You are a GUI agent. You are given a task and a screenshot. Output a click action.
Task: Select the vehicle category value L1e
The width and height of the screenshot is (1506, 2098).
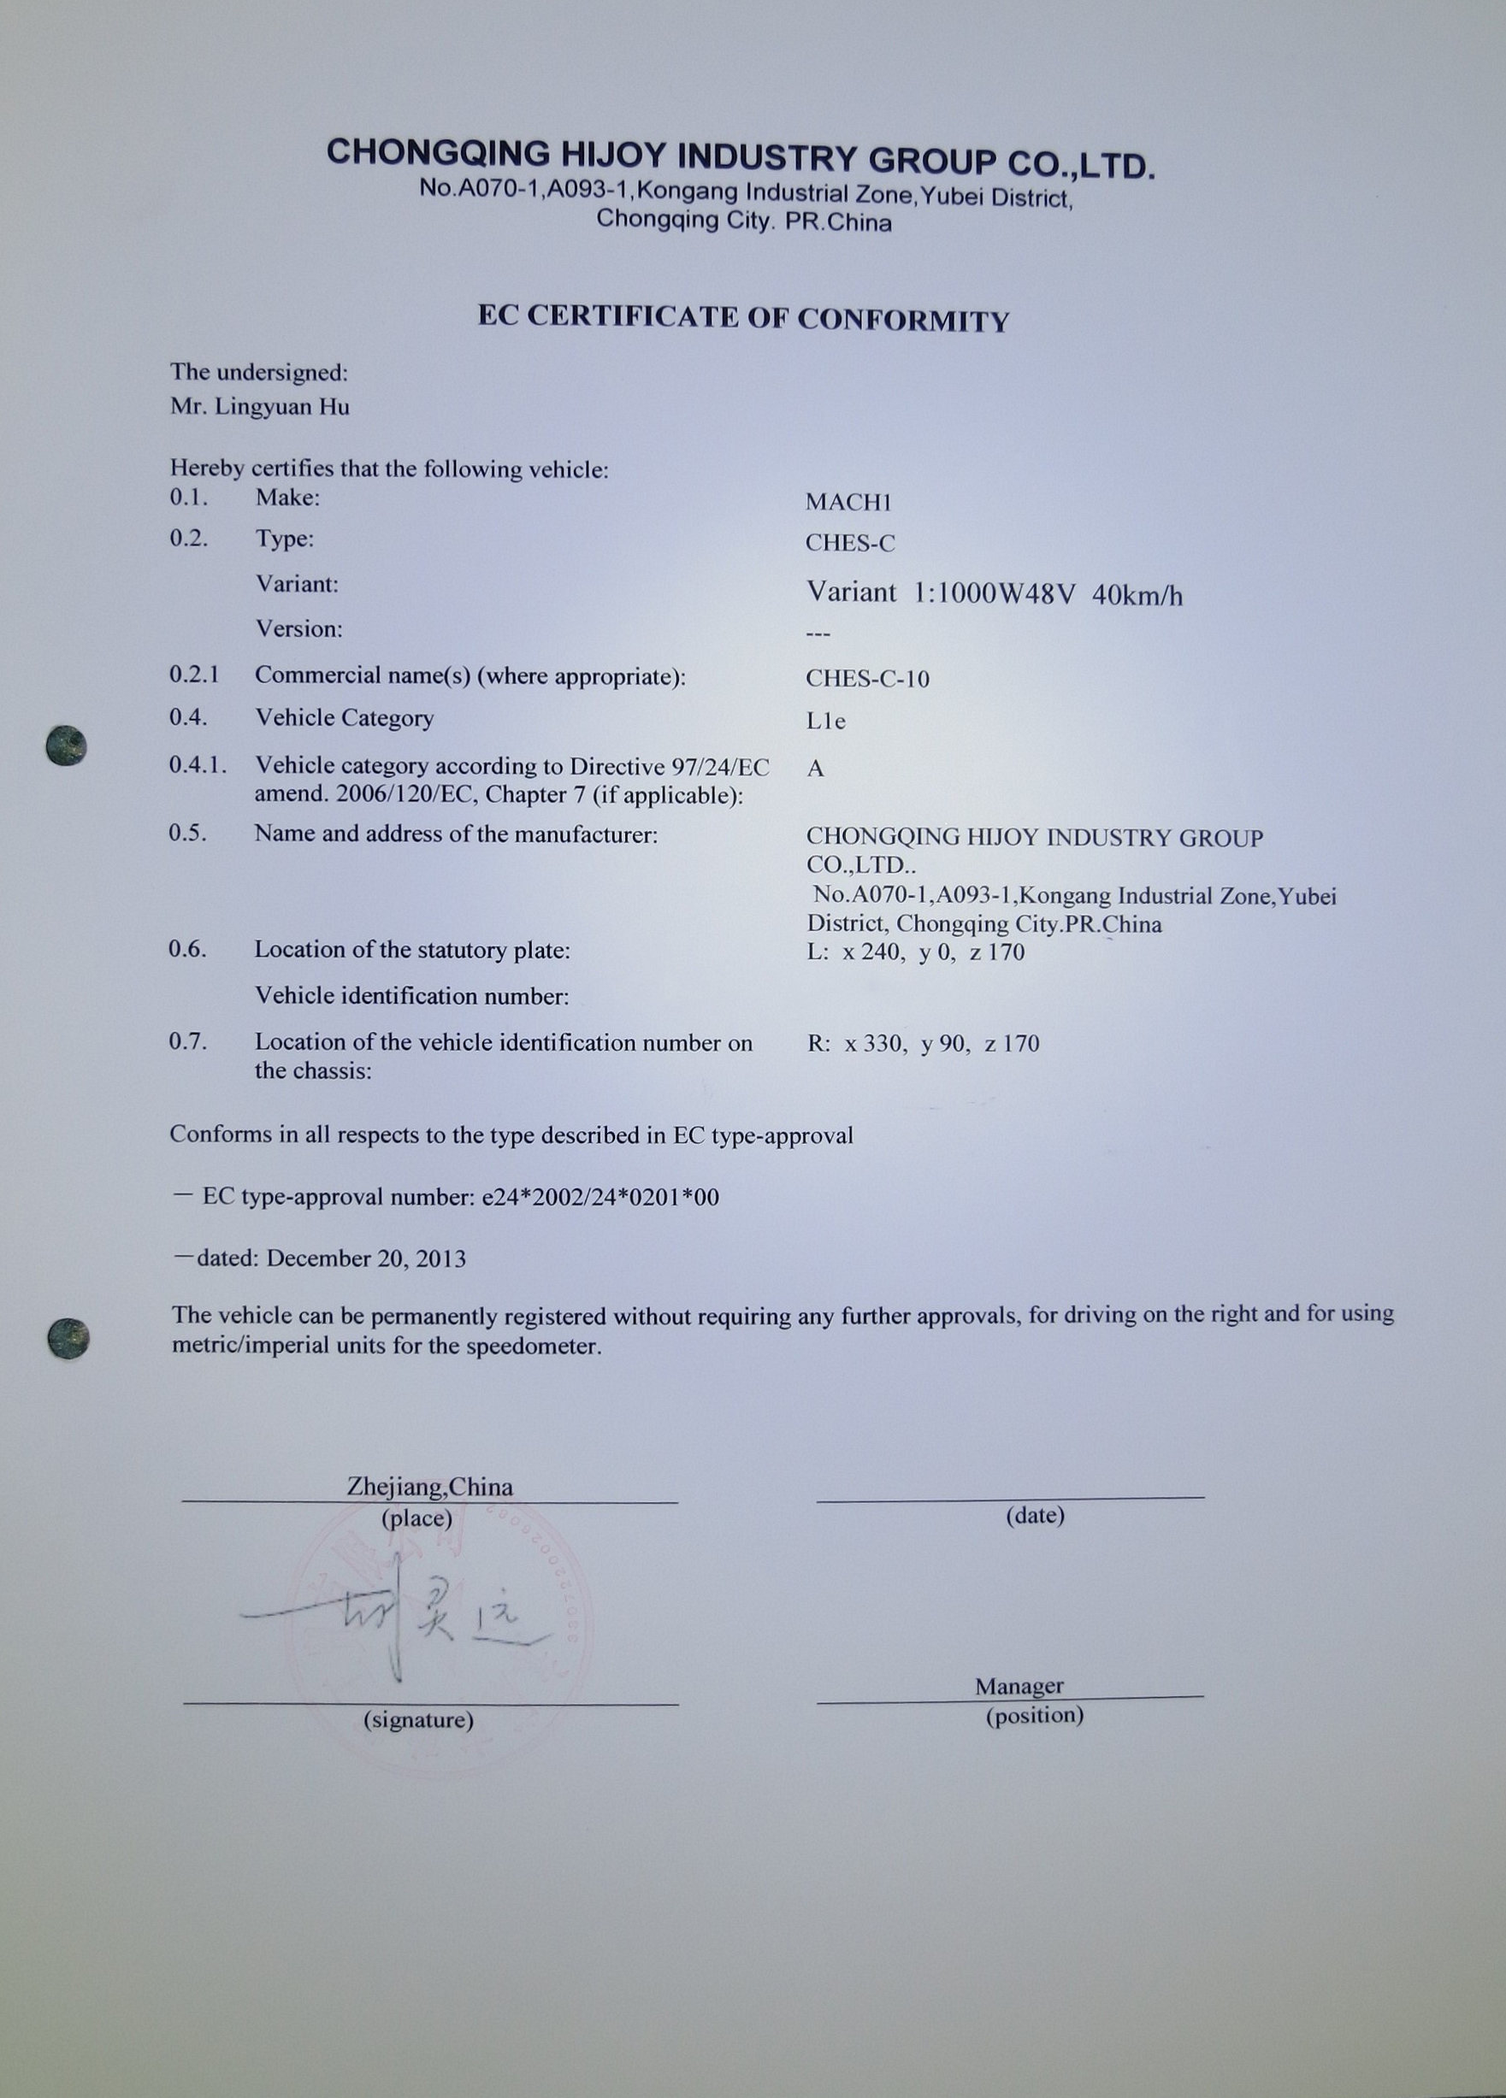pyautogui.click(x=825, y=722)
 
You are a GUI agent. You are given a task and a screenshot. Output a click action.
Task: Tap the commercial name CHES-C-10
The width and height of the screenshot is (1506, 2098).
pyautogui.click(x=867, y=678)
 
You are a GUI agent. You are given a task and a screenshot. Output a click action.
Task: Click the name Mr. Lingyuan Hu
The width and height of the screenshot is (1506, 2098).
pyautogui.click(x=260, y=407)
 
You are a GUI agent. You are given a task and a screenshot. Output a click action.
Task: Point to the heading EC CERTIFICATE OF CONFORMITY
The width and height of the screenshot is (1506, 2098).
pyautogui.click(x=743, y=317)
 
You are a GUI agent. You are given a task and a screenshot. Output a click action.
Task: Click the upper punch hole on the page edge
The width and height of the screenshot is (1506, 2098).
pyautogui.click(x=67, y=745)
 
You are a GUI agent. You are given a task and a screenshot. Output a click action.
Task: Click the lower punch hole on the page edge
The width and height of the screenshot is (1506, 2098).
pyautogui.click(x=68, y=1339)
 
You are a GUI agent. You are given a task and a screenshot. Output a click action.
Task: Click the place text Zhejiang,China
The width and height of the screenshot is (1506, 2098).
pyautogui.click(x=429, y=1487)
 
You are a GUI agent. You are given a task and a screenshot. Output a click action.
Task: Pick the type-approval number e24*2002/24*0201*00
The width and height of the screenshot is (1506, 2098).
pyautogui.click(x=600, y=1197)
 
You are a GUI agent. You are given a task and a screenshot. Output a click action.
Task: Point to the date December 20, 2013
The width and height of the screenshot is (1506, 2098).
pyautogui.click(x=366, y=1258)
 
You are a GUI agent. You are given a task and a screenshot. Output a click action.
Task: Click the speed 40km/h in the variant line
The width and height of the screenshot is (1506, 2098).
pyautogui.click(x=1137, y=595)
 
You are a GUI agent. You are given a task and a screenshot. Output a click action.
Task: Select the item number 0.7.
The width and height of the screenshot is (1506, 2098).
pyautogui.click(x=188, y=1041)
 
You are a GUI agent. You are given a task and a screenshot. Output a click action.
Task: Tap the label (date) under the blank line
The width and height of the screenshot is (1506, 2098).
pyautogui.click(x=1035, y=1515)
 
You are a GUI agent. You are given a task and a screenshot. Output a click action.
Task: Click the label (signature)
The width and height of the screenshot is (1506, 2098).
pyautogui.click(x=418, y=1718)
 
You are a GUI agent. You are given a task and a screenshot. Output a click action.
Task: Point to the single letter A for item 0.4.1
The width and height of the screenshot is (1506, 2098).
pyautogui.click(x=815, y=768)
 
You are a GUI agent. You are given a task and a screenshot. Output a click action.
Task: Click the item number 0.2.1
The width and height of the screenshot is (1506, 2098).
pyautogui.click(x=194, y=675)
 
